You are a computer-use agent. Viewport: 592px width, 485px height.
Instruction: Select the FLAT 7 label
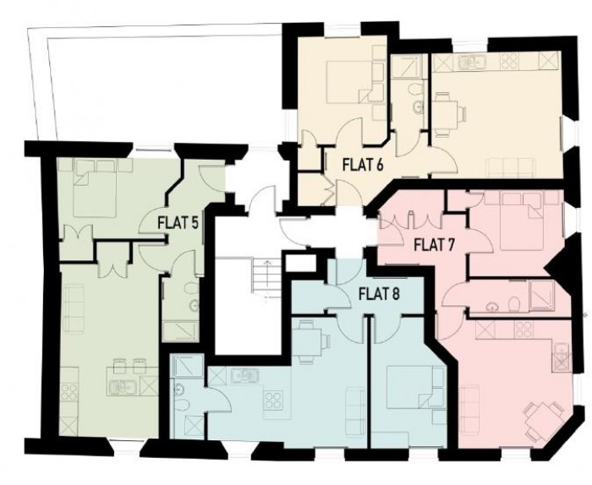tap(435, 245)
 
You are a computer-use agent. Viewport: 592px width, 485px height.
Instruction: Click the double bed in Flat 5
tap(88, 186)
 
